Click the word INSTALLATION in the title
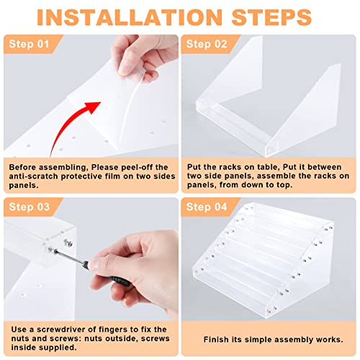tap(130, 17)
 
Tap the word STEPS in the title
tap(271, 17)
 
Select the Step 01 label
tap(29, 44)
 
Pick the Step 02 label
tap(207, 44)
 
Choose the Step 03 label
tap(30, 207)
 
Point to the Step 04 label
tap(207, 207)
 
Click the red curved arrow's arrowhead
tap(93, 107)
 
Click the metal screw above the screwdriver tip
tap(68, 243)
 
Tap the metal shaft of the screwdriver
tap(70, 256)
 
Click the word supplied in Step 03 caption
tap(60, 348)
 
